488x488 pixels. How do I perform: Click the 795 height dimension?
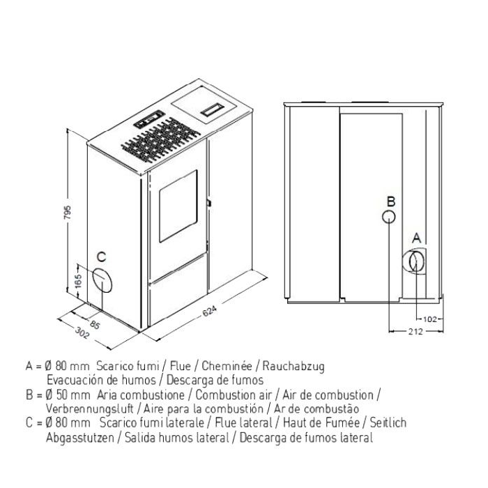click(x=68, y=212)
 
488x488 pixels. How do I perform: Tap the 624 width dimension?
click(x=209, y=311)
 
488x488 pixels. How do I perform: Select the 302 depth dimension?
click(x=82, y=333)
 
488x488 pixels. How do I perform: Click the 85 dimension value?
click(x=95, y=325)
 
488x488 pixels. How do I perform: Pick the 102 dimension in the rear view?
click(x=430, y=319)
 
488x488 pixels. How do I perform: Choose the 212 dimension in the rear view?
click(x=415, y=332)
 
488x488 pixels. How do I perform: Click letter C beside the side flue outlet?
click(x=102, y=257)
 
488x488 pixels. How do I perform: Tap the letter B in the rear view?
click(x=391, y=201)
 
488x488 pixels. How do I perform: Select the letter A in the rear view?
click(x=416, y=238)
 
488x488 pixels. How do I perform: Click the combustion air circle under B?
click(x=389, y=217)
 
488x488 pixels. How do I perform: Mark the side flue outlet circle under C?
click(x=102, y=280)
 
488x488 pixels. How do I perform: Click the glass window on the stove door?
click(x=178, y=206)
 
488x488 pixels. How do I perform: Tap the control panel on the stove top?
click(x=149, y=119)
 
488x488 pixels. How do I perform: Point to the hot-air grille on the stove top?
click(x=160, y=139)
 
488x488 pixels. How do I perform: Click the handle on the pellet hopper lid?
click(x=212, y=109)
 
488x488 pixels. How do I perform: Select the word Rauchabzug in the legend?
click(x=293, y=366)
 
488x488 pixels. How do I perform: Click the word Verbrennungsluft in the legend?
click(x=90, y=409)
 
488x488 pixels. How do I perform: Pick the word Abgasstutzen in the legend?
click(x=79, y=438)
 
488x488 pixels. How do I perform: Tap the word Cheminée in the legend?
click(x=227, y=366)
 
